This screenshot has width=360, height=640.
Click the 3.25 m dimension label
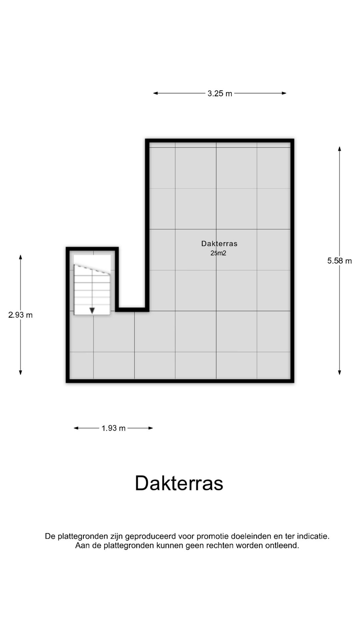[x=220, y=94]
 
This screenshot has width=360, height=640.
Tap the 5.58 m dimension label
[x=339, y=261]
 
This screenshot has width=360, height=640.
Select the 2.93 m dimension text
[x=20, y=315]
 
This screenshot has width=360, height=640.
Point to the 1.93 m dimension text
[x=113, y=428]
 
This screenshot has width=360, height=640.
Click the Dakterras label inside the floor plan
[x=219, y=244]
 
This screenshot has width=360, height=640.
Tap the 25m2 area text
[x=218, y=253]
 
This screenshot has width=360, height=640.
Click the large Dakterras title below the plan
[x=179, y=483]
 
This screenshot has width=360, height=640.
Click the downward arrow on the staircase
[x=92, y=310]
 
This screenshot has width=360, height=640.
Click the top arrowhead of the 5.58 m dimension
[x=339, y=149]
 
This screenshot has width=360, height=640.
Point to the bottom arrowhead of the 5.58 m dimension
[x=339, y=372]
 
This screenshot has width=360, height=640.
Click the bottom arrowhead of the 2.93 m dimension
[x=20, y=372]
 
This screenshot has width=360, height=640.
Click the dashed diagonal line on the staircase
[x=92, y=269]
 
